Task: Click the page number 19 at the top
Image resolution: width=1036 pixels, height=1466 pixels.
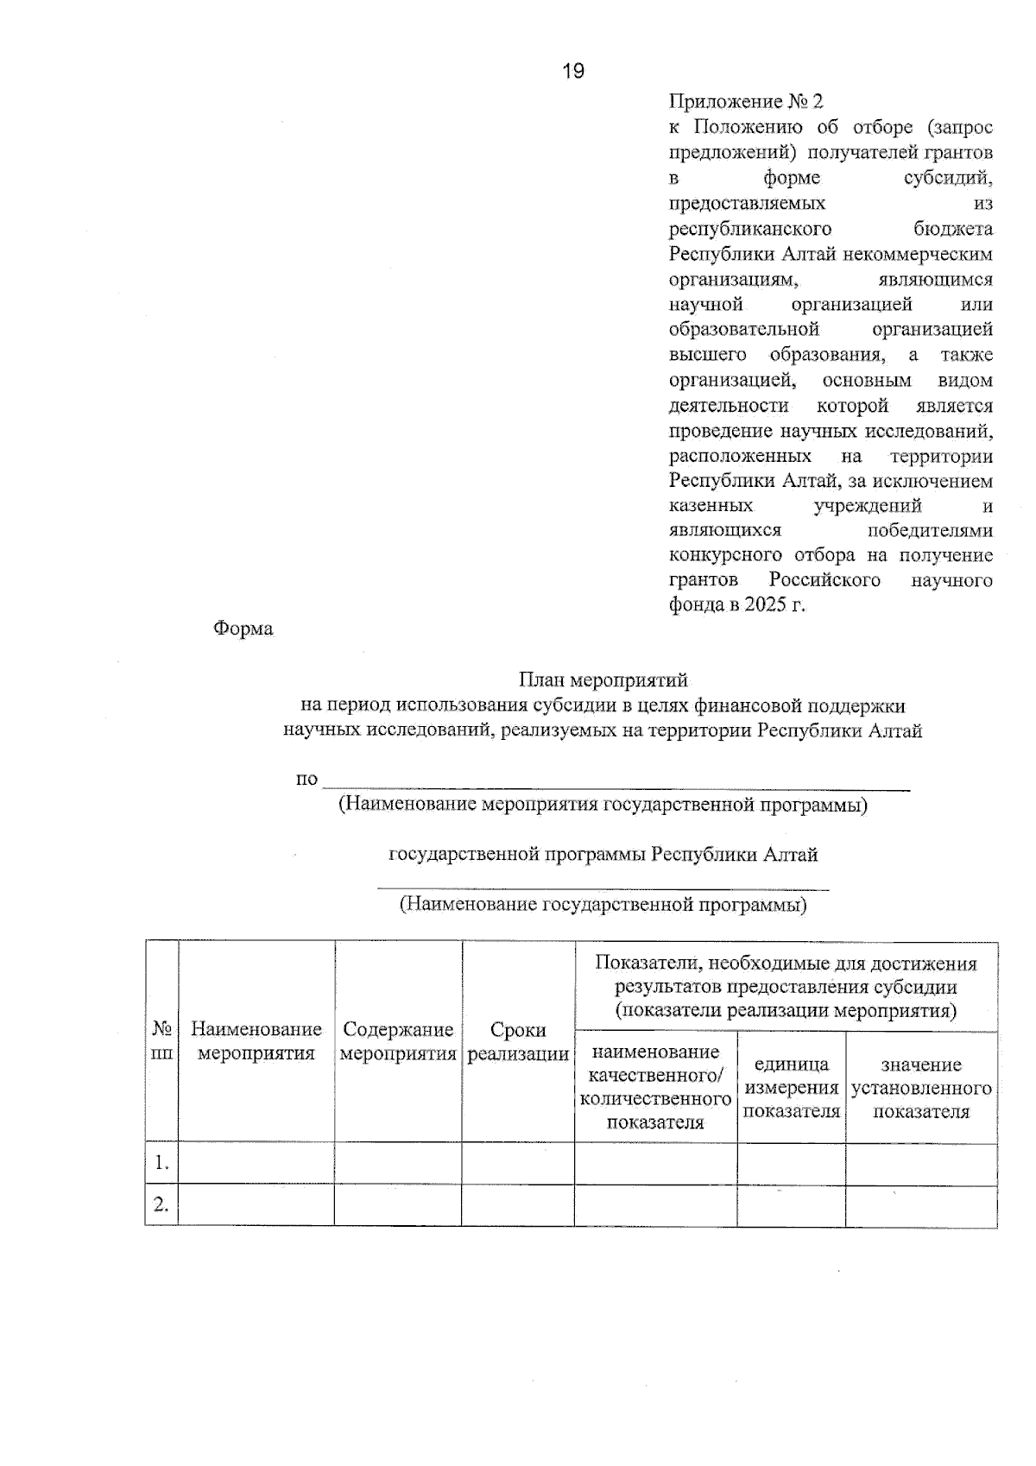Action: tap(572, 72)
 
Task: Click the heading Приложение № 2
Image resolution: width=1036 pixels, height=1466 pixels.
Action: tap(746, 102)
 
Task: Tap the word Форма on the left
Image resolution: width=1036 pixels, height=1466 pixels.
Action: tap(243, 629)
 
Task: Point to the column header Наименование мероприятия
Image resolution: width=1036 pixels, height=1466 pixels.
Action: tap(256, 1041)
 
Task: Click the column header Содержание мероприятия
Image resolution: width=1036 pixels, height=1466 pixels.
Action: tap(398, 1041)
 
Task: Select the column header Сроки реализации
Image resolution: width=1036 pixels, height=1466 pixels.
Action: tap(518, 1042)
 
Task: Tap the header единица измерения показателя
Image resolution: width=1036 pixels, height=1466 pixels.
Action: tap(792, 1088)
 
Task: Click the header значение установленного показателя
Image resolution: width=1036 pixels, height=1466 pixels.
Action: tap(921, 1088)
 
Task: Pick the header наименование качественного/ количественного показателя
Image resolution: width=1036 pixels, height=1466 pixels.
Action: tap(656, 1086)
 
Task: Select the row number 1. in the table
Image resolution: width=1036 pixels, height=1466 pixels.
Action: tap(161, 1163)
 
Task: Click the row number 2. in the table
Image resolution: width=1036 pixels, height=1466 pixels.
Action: tap(161, 1204)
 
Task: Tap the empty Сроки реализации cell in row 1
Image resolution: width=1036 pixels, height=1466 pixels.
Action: tap(518, 1163)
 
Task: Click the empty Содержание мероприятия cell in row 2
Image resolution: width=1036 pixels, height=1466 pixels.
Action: tap(398, 1204)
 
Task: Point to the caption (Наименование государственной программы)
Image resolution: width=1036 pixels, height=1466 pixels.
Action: tap(603, 905)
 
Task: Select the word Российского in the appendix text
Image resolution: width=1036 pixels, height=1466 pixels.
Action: tap(824, 579)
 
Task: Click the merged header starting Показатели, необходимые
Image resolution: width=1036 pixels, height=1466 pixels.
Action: tap(786, 987)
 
